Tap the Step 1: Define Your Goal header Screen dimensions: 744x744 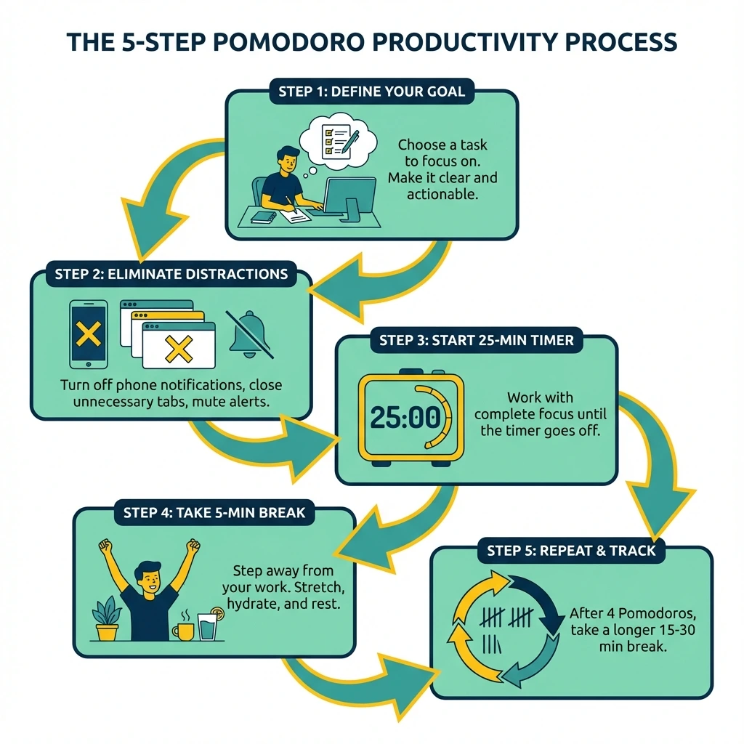pyautogui.click(x=371, y=92)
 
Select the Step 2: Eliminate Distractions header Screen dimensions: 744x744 pyautogui.click(x=171, y=274)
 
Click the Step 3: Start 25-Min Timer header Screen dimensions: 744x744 pyautogui.click(x=477, y=339)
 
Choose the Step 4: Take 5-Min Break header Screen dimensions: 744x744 pyautogui.click(x=214, y=512)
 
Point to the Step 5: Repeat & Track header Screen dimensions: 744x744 pyautogui.click(x=571, y=551)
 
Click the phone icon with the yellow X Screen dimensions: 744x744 pyautogui.click(x=88, y=333)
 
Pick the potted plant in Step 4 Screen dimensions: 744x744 pyautogui.click(x=107, y=618)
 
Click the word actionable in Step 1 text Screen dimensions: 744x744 pyautogui.click(x=442, y=193)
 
